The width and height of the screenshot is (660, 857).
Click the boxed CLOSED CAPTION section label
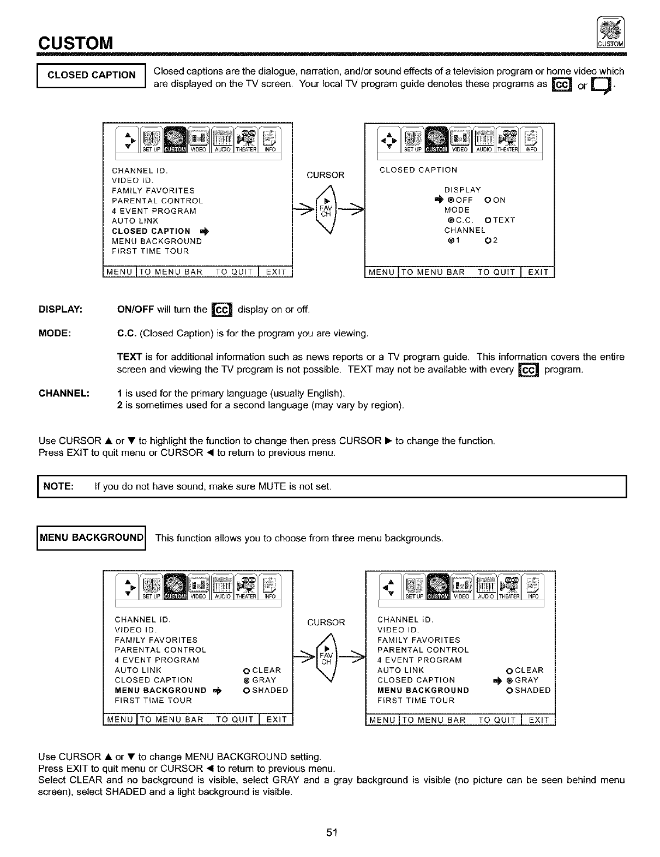(92, 75)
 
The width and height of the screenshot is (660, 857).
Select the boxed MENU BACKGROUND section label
(92, 538)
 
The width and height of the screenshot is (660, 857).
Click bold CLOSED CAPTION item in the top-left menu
(151, 231)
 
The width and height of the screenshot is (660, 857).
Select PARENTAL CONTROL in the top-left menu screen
(157, 201)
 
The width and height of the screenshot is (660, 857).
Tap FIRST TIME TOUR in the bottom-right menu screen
(416, 701)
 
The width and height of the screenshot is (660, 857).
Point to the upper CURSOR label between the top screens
(326, 175)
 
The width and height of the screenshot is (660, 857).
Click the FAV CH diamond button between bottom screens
(326, 659)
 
